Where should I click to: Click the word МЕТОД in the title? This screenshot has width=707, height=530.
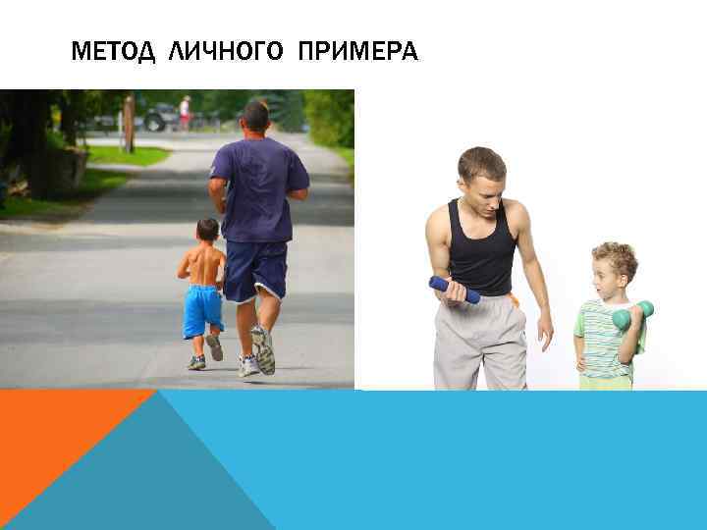[x=113, y=52]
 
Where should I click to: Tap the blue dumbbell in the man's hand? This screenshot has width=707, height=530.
[x=454, y=290]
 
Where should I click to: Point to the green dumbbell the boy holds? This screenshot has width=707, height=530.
[x=632, y=314]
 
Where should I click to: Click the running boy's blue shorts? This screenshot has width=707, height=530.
[x=202, y=310]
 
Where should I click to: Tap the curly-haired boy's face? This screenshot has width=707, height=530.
[x=608, y=274]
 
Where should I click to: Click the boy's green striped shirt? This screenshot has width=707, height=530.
[x=600, y=339]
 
